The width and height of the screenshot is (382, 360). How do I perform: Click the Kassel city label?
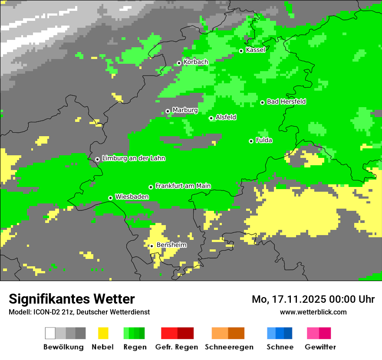[x=255, y=50]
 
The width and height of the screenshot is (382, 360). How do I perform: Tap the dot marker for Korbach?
[x=179, y=63]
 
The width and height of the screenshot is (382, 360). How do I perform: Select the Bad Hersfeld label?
[x=286, y=101]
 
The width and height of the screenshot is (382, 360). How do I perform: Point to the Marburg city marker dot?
[x=168, y=111]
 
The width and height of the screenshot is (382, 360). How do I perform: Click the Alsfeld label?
[x=226, y=117]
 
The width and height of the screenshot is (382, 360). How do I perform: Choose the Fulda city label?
[x=264, y=140]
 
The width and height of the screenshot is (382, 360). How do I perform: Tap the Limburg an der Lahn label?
[x=133, y=158]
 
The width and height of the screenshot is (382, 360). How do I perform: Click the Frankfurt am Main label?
[x=183, y=186]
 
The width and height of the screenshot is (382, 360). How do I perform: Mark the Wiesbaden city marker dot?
[x=110, y=198]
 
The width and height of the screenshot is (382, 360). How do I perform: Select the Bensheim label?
[x=171, y=245]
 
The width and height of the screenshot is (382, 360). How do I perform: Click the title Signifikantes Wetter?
[x=72, y=299]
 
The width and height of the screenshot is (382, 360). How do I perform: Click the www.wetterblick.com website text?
[x=313, y=312]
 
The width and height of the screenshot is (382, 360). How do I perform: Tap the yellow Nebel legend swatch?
[x=103, y=333]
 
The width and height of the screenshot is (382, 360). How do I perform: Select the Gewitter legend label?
[x=320, y=347]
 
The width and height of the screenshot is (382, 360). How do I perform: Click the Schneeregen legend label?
[x=229, y=347]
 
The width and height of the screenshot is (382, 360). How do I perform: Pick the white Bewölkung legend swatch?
[x=50, y=333]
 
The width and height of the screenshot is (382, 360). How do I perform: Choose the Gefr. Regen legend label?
[x=177, y=347]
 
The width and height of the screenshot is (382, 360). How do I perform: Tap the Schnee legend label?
[x=280, y=347]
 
